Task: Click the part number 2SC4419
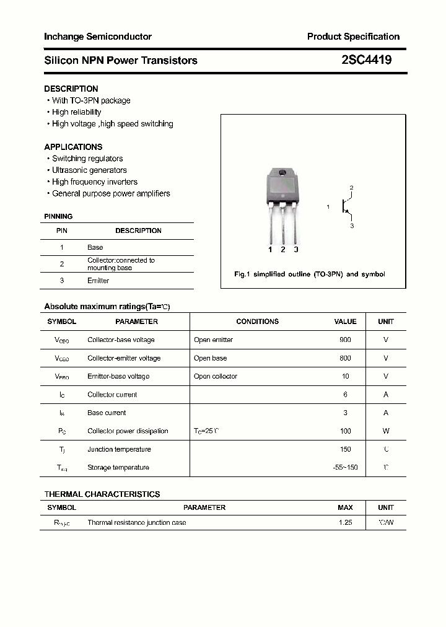pos(366,60)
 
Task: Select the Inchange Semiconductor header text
pos(98,37)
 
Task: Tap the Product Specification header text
pos(353,37)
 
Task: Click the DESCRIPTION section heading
pos(71,89)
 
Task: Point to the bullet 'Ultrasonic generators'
pos(89,170)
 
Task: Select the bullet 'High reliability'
pos(76,112)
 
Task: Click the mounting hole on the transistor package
pos(282,173)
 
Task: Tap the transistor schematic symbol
pos(346,207)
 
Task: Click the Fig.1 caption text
pos(309,274)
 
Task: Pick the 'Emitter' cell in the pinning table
pos(98,281)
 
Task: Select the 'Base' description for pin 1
pos(95,247)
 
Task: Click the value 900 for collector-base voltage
pos(345,340)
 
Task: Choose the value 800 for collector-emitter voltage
pos(345,358)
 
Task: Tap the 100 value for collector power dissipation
pos(345,431)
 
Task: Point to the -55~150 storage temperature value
pos(345,468)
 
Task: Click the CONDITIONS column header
pos(257,322)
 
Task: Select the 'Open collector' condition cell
pos(215,377)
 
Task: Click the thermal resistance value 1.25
pos(345,523)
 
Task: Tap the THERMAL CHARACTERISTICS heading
pos(102,494)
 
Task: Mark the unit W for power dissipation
pos(386,431)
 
